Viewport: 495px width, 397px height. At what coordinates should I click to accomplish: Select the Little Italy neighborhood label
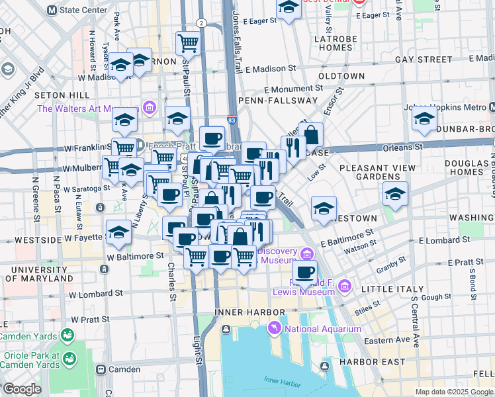384,288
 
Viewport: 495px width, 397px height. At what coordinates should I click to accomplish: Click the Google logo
22,389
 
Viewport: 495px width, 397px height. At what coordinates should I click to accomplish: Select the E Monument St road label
291,89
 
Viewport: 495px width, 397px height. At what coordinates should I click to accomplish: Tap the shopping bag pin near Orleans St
310,135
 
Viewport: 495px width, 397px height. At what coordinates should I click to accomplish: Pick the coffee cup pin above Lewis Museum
304,271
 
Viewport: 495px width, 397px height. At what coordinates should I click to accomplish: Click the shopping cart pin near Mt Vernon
189,43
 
